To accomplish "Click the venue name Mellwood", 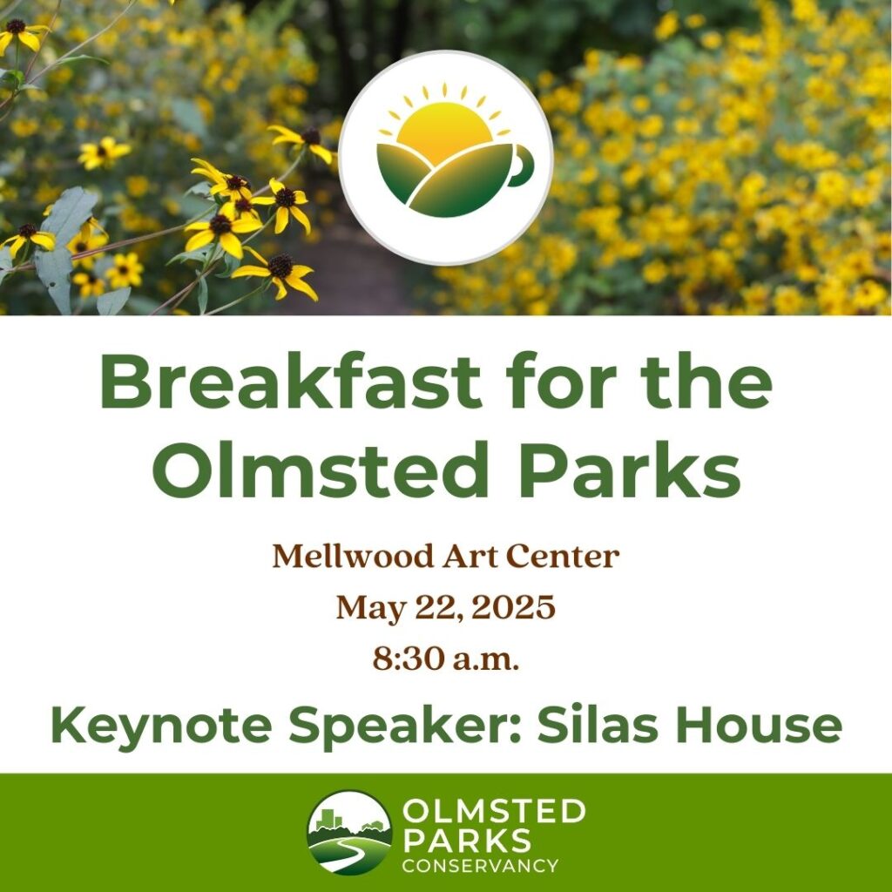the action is [353, 556].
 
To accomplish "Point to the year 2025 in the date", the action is [513, 607].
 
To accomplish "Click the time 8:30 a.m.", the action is [446, 659].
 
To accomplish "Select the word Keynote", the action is [161, 725].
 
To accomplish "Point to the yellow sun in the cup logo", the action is [444, 132].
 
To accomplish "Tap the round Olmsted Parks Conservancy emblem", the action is [349, 832].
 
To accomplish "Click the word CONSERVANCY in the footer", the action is [480, 866].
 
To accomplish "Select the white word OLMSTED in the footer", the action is [494, 811].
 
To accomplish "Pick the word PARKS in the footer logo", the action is [467, 841].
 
